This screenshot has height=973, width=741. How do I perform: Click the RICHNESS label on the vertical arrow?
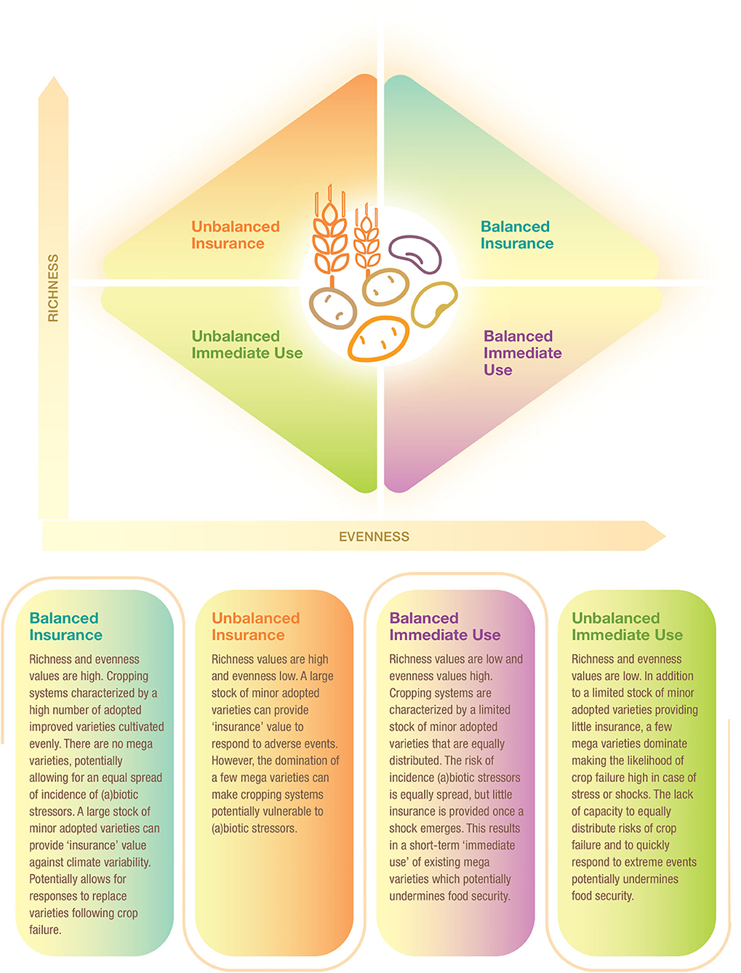(x=53, y=288)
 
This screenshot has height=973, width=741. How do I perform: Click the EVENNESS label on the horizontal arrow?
(x=374, y=537)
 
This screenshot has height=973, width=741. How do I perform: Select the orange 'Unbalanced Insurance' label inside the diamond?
(x=235, y=235)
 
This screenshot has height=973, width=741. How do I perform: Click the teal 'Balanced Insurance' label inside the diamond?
(x=516, y=235)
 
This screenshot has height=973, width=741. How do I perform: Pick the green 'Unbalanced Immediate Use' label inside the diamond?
(x=247, y=345)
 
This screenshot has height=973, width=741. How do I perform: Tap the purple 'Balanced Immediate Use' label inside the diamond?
(x=522, y=353)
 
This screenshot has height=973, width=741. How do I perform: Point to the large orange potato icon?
(x=378, y=339)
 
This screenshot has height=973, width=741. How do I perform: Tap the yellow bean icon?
(x=434, y=304)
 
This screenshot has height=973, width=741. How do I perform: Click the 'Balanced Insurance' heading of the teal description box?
(x=65, y=626)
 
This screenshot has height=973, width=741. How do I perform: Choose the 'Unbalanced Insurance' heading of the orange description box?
(x=255, y=626)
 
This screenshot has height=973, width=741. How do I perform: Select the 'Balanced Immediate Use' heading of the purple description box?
(x=444, y=626)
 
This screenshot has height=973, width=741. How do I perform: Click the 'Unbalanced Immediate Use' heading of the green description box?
(x=627, y=626)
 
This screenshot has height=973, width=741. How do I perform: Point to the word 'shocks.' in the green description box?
(x=629, y=795)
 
